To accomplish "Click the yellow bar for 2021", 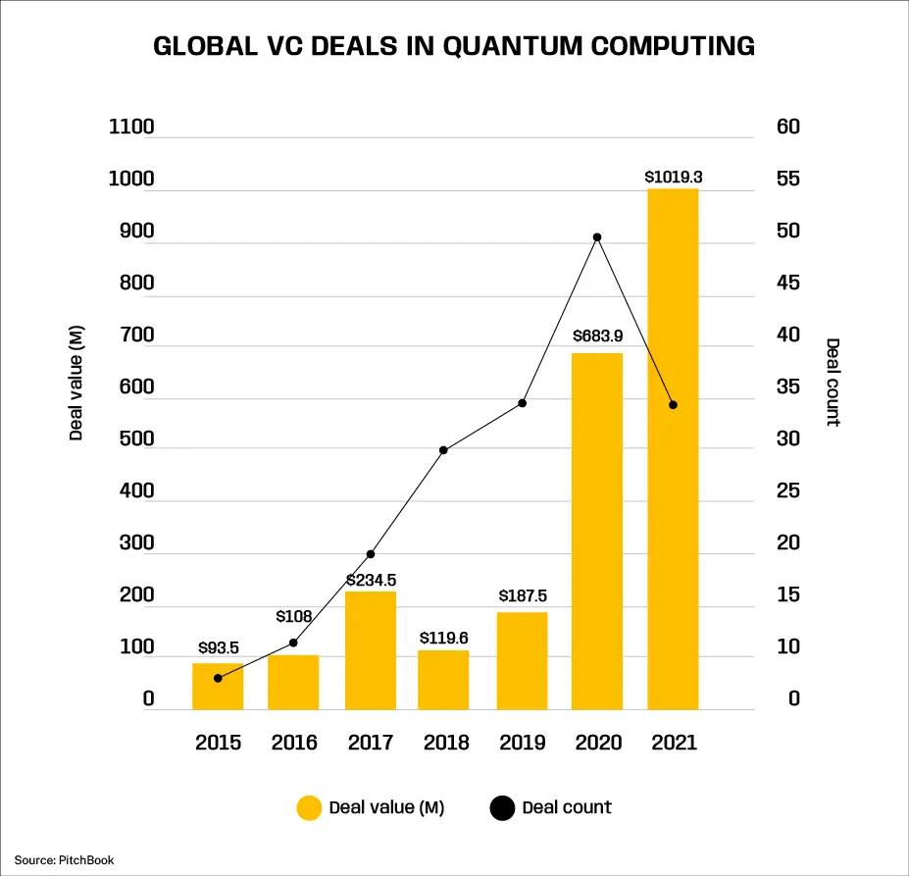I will (x=673, y=448).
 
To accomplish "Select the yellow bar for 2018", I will (x=444, y=679).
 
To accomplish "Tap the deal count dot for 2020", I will (x=596, y=237).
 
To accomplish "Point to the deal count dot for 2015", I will (x=218, y=678).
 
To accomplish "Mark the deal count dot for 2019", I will (x=522, y=403).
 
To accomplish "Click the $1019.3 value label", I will (x=673, y=178).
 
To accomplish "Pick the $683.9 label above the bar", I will (x=597, y=336).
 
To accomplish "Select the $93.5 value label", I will (x=218, y=647).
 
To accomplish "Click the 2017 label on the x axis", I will (x=370, y=743).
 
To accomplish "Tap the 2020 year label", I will (x=597, y=743).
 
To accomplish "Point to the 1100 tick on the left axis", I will (x=131, y=128).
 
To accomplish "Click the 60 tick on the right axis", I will (x=787, y=128).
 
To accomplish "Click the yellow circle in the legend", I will (x=309, y=808).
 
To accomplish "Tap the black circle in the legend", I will (x=501, y=808).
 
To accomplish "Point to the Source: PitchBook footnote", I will (x=64, y=860).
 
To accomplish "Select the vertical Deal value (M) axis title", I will (x=76, y=382).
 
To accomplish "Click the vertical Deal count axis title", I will (x=833, y=382).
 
